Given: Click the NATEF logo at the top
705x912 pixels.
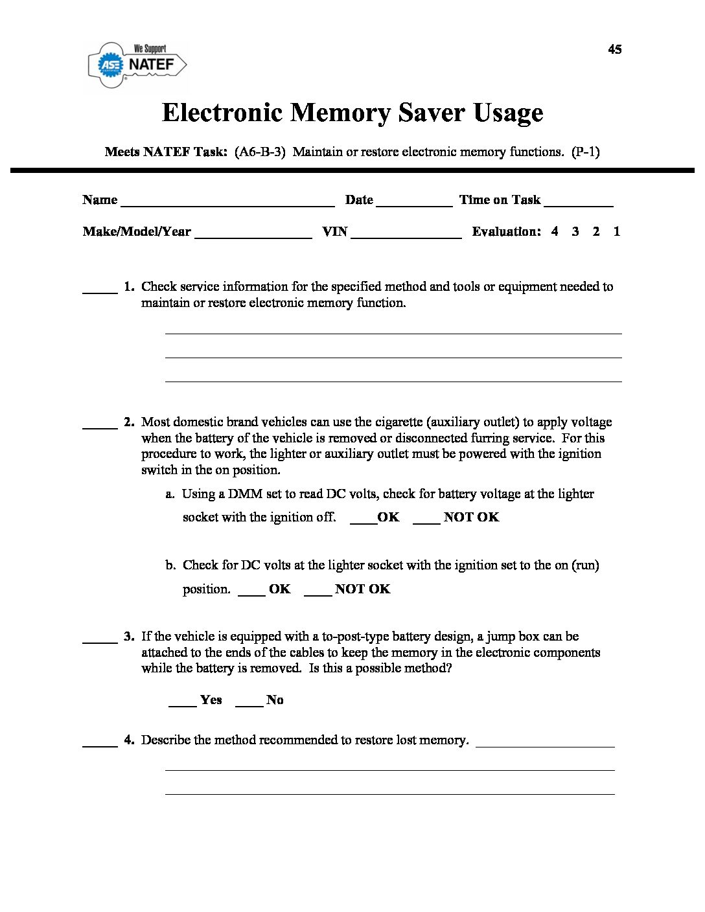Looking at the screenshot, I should [137, 63].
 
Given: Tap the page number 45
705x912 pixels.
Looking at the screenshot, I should [614, 49].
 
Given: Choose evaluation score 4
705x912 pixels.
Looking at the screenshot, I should [555, 231].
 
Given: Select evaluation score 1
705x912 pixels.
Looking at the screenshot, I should [617, 231].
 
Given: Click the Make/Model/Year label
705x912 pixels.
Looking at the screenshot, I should [137, 232].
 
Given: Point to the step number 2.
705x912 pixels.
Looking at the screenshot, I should [129, 422].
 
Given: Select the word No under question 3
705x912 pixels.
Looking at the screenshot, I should [275, 700].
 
